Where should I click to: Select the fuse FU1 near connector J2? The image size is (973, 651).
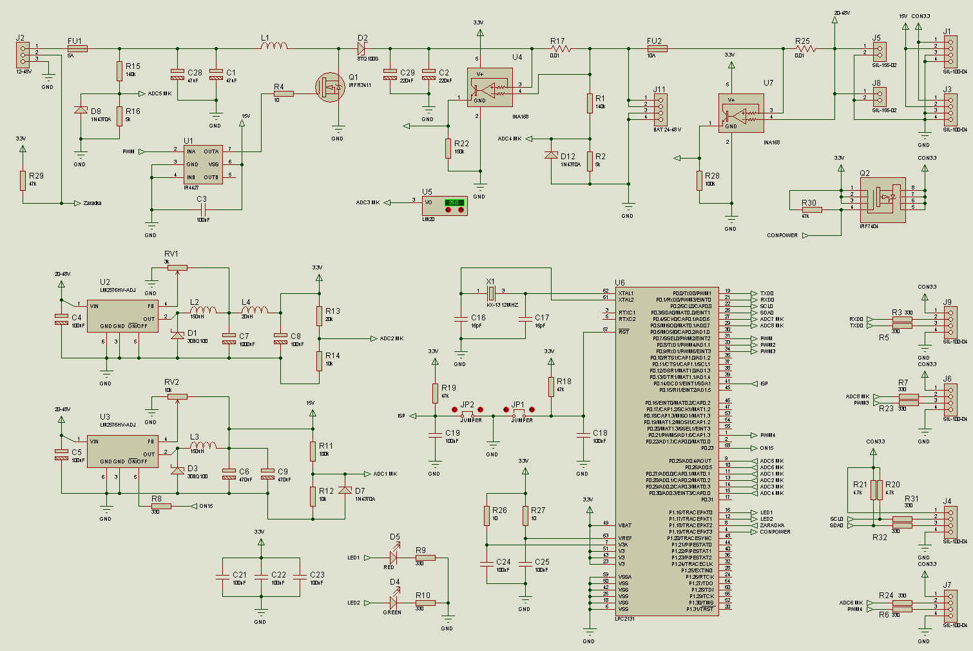77,48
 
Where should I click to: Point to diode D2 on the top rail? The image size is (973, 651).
361,48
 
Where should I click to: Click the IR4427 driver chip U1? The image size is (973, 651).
202,164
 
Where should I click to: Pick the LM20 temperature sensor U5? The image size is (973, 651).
445,206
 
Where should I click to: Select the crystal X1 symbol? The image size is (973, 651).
491,293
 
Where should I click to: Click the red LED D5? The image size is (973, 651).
393,558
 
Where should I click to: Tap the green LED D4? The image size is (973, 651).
393,603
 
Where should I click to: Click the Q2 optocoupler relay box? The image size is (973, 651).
883,200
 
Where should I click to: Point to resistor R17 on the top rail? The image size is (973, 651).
561,48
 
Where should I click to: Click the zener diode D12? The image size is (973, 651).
551,155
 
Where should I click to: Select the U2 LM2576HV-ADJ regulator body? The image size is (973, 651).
122,316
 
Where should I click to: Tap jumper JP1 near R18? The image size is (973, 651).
519,416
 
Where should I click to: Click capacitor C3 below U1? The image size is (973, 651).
203,209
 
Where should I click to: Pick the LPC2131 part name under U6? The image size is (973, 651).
626,619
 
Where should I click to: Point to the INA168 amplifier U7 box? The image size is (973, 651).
741,113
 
